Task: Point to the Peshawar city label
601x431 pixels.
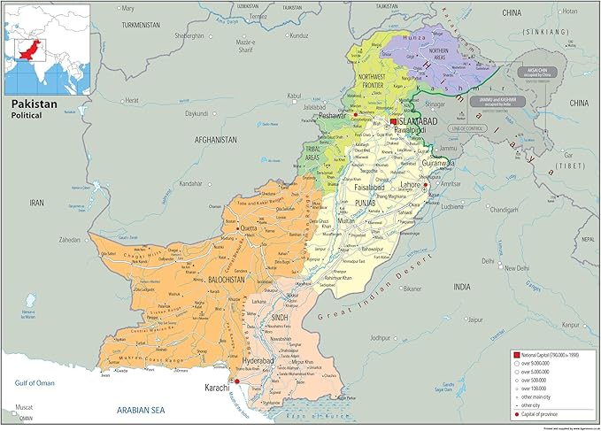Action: point(333,115)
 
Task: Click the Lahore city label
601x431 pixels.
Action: point(412,185)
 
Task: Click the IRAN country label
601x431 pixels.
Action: point(36,203)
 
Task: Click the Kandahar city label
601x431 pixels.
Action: point(191,183)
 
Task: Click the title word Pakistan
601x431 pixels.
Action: point(33,104)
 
